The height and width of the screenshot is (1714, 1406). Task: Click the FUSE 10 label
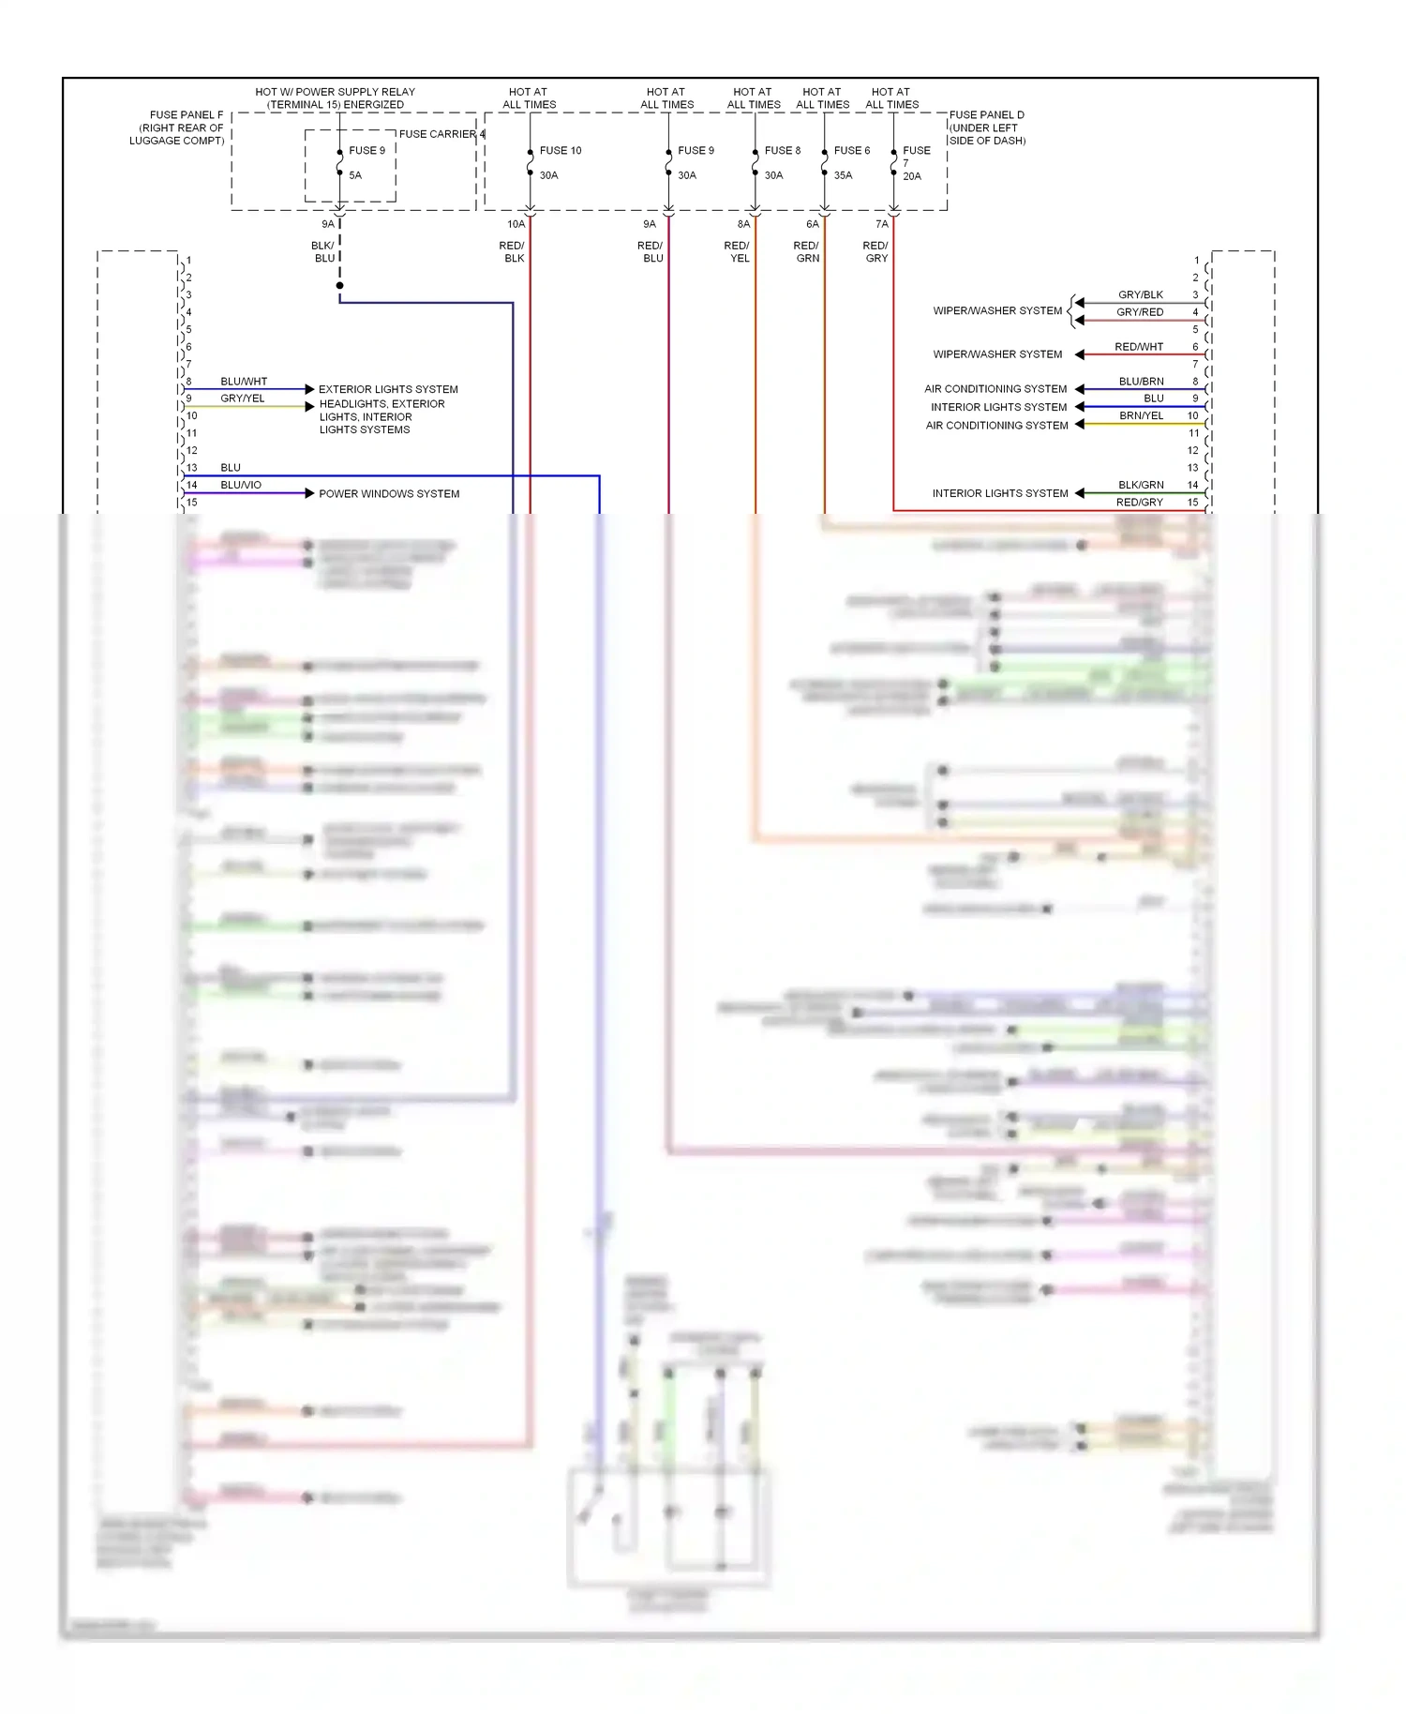coord(561,150)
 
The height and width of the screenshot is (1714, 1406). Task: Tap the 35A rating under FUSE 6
coord(843,175)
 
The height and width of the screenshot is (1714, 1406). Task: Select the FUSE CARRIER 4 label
coord(441,134)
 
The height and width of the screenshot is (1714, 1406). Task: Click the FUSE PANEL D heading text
coord(987,115)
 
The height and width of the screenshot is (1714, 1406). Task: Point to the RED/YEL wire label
coord(738,252)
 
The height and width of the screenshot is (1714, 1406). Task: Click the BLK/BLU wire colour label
coord(323,252)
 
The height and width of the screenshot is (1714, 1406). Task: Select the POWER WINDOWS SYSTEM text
coord(389,494)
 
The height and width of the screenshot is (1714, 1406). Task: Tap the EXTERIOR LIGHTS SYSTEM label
coord(388,389)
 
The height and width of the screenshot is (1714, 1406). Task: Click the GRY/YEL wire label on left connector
coord(243,398)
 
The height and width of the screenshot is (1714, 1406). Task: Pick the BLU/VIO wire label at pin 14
coord(241,485)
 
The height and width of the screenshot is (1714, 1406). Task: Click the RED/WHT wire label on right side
coord(1139,347)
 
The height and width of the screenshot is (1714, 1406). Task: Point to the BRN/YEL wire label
coord(1141,415)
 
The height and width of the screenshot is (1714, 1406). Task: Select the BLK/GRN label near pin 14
coord(1141,485)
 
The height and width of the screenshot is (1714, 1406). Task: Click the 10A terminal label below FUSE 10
coord(516,224)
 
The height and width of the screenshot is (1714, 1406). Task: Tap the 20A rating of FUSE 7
coord(912,176)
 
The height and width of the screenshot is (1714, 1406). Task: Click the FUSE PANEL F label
coord(187,115)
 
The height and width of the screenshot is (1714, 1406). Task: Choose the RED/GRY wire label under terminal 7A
coord(876,252)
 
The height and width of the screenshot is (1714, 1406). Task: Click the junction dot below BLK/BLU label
coord(339,285)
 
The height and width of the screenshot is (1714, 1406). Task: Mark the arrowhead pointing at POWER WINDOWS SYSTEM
coord(309,493)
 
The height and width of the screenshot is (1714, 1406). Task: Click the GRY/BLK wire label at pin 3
coord(1140,294)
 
